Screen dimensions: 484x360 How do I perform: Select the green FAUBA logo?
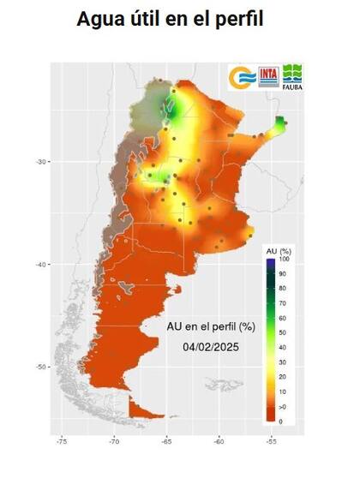click(x=293, y=75)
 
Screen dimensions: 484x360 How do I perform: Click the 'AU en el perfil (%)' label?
click(x=211, y=326)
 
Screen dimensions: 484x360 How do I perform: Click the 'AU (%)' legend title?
click(x=277, y=249)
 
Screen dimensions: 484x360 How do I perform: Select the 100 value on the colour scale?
click(x=285, y=259)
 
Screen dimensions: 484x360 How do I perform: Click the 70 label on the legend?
click(x=283, y=303)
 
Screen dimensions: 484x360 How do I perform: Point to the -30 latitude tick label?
click(x=40, y=161)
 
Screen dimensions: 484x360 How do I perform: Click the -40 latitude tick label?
click(x=40, y=265)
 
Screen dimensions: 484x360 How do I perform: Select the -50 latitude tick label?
click(x=40, y=367)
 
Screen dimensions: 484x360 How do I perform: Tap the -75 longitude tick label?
click(x=62, y=443)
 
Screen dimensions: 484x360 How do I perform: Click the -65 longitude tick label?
click(x=166, y=443)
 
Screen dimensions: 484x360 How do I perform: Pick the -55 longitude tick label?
click(x=272, y=443)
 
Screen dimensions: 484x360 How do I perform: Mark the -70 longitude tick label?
click(x=114, y=443)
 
